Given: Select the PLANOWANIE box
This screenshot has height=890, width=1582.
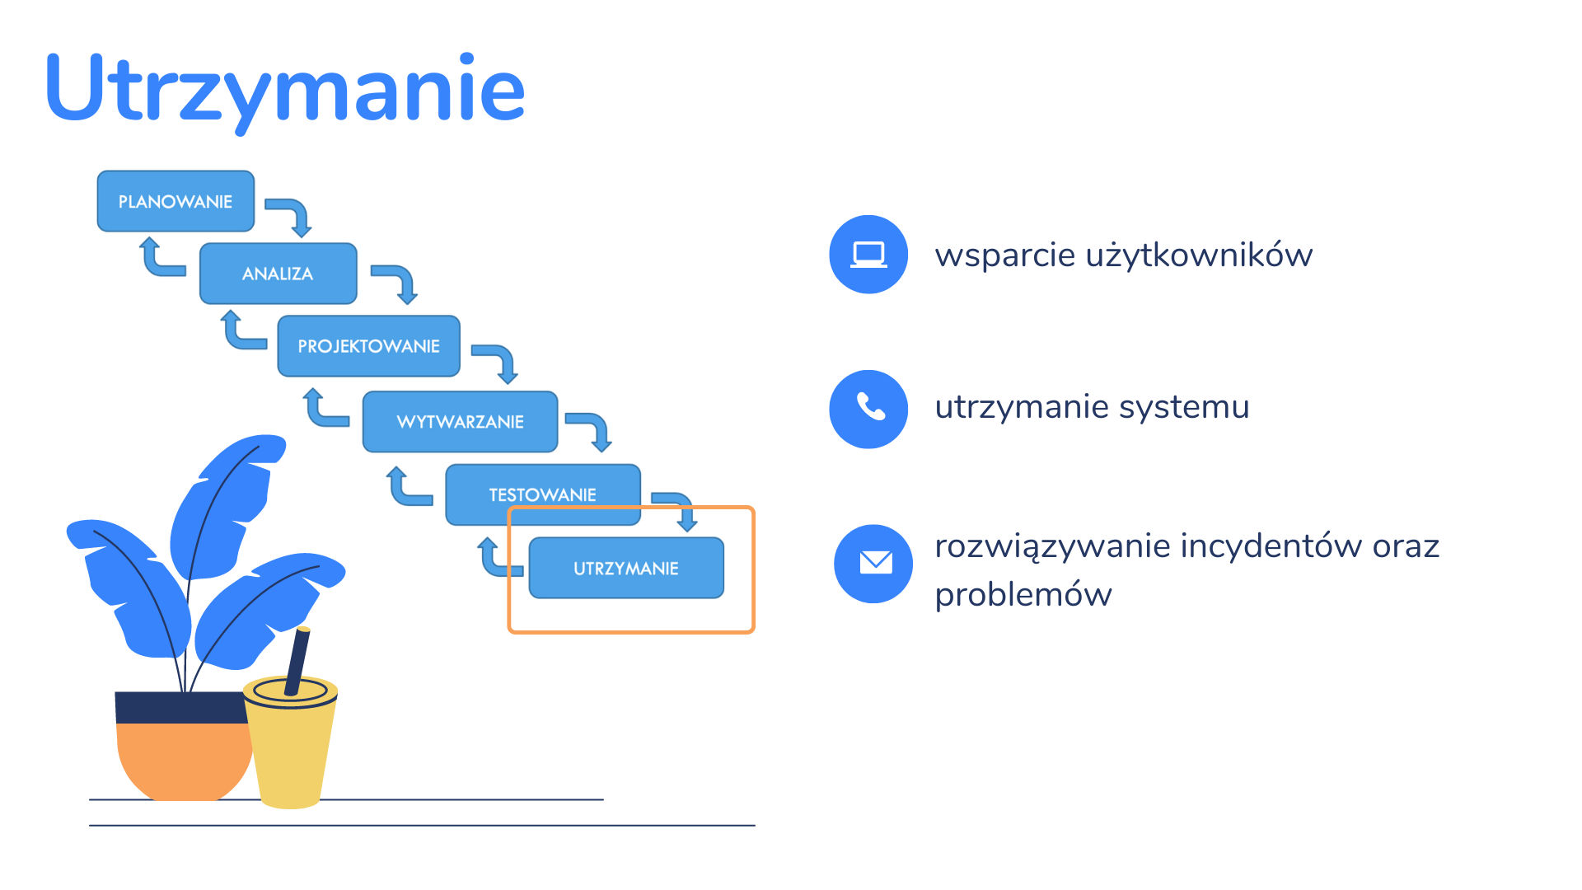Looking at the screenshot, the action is [x=176, y=201].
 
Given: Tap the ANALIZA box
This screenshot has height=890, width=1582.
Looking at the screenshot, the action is [x=278, y=274].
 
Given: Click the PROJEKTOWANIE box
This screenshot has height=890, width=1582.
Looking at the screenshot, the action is [x=368, y=346].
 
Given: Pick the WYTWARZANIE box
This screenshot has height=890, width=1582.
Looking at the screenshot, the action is [x=461, y=422].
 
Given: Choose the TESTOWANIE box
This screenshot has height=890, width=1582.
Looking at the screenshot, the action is [x=543, y=494].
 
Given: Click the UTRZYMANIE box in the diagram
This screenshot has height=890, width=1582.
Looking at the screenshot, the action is [x=626, y=568].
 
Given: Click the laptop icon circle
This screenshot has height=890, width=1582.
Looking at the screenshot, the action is [x=868, y=254].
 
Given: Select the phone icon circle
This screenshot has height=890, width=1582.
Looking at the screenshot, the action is [x=868, y=409].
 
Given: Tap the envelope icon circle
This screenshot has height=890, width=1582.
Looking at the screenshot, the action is [x=873, y=564].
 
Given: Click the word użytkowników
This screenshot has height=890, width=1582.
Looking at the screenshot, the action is [x=1199, y=255].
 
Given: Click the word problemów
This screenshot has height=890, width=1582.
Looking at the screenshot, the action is [x=1023, y=594].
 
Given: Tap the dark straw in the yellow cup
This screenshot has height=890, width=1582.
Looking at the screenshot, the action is [x=297, y=662].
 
